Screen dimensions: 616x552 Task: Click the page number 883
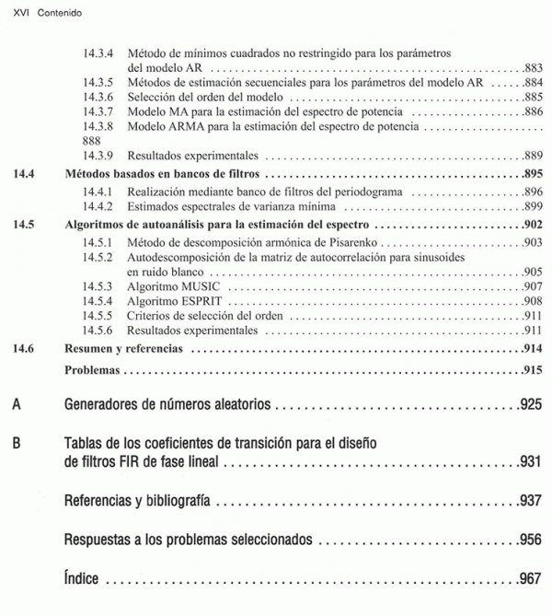pyautogui.click(x=533, y=67)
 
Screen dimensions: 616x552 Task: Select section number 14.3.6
pyautogui.click(x=98, y=97)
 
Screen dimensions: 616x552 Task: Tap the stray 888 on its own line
pyautogui.click(x=91, y=141)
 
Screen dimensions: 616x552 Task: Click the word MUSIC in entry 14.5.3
pyautogui.click(x=196, y=287)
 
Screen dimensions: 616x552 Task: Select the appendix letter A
pyautogui.click(x=17, y=404)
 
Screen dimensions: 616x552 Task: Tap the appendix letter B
pyautogui.click(x=17, y=443)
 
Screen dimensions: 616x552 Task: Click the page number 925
pyautogui.click(x=531, y=404)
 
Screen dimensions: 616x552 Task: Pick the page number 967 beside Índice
pyautogui.click(x=531, y=580)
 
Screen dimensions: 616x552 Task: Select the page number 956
pyautogui.click(x=531, y=540)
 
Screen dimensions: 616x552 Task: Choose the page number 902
pyautogui.click(x=532, y=224)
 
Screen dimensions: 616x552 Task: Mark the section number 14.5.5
pyautogui.click(x=98, y=315)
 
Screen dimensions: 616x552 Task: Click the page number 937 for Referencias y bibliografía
pyautogui.click(x=531, y=501)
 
